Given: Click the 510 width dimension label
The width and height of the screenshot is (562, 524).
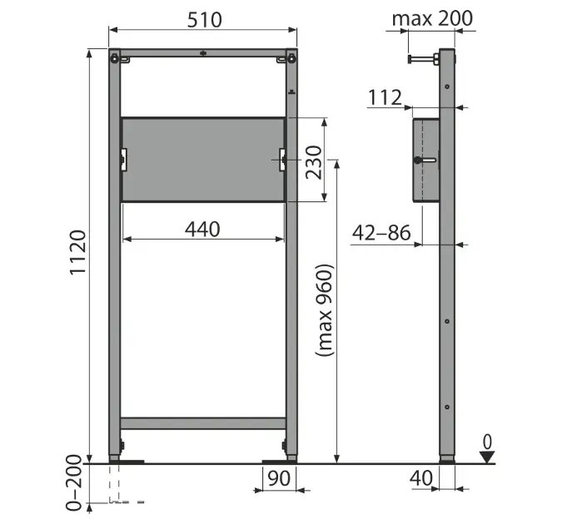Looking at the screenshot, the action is coord(205,20).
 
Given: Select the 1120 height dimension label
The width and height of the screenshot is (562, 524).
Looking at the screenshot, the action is coord(77,253).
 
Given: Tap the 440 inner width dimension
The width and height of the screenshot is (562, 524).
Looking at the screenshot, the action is coord(202,230).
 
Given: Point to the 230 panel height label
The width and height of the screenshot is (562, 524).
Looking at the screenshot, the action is coord(314,162).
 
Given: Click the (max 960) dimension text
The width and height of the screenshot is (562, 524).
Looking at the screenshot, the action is coord(325,310).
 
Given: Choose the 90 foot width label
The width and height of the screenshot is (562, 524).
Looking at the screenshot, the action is coord(279,478).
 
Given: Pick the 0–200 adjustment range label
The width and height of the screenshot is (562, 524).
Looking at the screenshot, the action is coord(74,482).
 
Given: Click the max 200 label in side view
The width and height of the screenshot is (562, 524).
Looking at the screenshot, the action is coord(433,18).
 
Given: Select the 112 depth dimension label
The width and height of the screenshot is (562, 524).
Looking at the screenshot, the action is coord(385,97).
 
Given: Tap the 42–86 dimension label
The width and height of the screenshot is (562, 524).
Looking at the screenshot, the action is coord(381,233).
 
